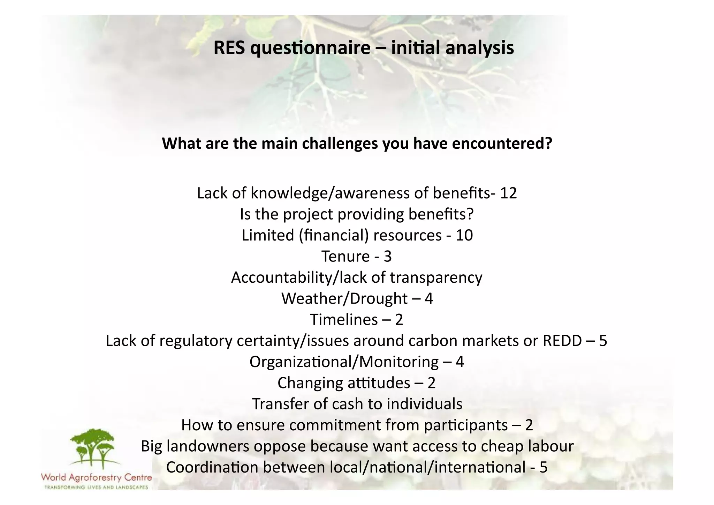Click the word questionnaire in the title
(x=310, y=48)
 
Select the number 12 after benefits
(x=508, y=193)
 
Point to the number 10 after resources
(x=464, y=235)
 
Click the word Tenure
(x=345, y=257)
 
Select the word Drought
(x=378, y=299)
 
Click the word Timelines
(x=344, y=320)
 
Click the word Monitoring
(x=399, y=362)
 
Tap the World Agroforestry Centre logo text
(x=96, y=477)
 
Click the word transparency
(x=436, y=278)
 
